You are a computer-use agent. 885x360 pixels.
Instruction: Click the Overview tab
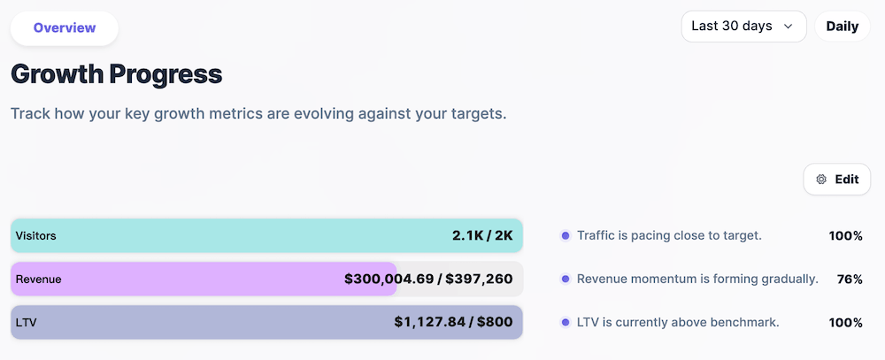(x=65, y=27)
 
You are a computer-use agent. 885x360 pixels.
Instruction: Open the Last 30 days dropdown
(x=743, y=27)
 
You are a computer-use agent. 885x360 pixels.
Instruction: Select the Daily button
(x=842, y=27)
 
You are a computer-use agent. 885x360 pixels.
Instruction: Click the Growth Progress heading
(x=116, y=74)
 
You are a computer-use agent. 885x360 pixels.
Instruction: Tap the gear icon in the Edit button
(x=821, y=180)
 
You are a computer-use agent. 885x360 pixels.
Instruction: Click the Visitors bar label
(x=36, y=236)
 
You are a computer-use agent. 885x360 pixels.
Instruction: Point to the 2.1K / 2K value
(x=481, y=236)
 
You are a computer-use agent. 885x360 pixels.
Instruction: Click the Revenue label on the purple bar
(x=38, y=280)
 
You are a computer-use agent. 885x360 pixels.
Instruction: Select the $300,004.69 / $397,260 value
(x=428, y=280)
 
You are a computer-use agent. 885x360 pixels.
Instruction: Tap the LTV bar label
(x=27, y=323)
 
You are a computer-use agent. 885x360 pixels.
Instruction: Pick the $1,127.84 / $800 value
(x=453, y=322)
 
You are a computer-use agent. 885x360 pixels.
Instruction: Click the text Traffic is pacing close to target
(x=669, y=236)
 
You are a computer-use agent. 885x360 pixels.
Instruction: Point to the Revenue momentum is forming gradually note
(x=697, y=280)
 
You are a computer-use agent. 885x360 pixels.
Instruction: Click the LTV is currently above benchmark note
(x=678, y=323)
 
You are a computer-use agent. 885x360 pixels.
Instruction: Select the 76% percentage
(x=850, y=280)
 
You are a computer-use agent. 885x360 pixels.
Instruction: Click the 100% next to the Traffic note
(x=845, y=236)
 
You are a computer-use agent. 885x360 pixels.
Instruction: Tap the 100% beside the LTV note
(x=845, y=323)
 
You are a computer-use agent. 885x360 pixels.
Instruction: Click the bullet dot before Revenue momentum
(x=565, y=280)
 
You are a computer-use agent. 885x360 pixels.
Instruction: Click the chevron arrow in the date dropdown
(x=788, y=27)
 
